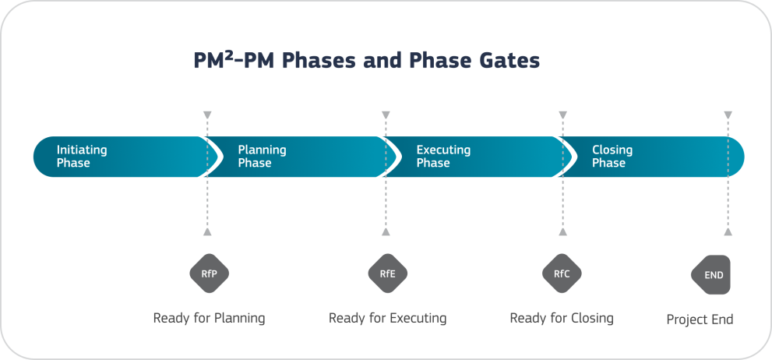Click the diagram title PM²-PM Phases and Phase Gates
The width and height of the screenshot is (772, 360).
366,62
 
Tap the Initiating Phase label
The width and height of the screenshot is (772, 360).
82,157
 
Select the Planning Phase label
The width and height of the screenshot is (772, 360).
262,157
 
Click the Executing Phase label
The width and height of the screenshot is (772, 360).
442,157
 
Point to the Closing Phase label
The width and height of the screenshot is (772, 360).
612,157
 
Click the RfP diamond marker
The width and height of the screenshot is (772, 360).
209,274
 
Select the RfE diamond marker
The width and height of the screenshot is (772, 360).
387,274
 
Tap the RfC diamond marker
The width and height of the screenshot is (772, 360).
562,274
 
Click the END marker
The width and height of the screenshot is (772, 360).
712,275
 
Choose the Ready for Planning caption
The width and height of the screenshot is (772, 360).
209,318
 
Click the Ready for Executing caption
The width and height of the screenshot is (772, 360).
387,318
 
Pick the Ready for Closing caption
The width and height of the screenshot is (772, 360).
562,318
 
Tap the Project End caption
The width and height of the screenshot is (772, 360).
700,319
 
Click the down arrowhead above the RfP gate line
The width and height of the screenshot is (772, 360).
206,115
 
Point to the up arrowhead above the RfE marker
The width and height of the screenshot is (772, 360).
385,231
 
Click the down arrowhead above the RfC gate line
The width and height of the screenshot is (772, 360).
562,115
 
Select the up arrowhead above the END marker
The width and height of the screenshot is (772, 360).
728,231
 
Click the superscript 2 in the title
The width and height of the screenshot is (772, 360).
231,55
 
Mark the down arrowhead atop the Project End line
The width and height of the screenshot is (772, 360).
728,115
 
